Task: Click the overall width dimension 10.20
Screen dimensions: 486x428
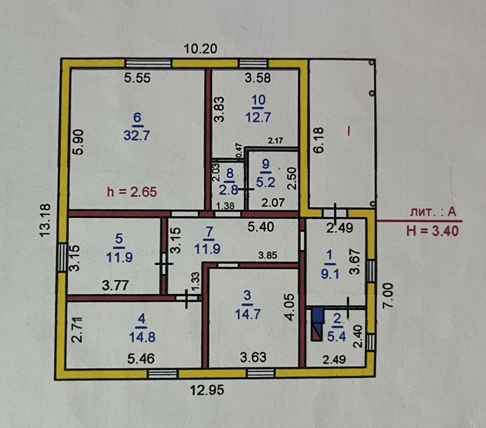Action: (x=201, y=49)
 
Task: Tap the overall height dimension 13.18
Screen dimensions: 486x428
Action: (x=45, y=220)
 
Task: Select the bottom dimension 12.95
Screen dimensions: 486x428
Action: (x=207, y=390)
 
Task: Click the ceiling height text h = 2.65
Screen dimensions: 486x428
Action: (x=132, y=192)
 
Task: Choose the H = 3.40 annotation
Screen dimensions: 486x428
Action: (x=432, y=231)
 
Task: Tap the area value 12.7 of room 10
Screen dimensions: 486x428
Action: (x=258, y=117)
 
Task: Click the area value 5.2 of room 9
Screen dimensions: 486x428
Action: (x=266, y=182)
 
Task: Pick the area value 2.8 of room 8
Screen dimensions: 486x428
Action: (x=229, y=190)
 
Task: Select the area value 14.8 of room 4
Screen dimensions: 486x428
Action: (x=142, y=337)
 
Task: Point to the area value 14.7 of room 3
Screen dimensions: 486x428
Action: (x=248, y=314)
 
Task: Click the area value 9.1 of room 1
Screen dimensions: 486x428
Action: (x=330, y=274)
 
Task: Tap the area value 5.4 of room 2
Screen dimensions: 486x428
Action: (x=336, y=336)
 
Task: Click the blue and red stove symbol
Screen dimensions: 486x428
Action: (x=317, y=324)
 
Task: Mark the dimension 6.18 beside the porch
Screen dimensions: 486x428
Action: (x=319, y=140)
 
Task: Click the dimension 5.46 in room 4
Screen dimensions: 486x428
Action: (x=141, y=358)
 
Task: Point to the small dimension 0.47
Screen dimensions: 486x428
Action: (x=239, y=150)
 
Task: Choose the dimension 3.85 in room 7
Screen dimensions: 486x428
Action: (x=268, y=256)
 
